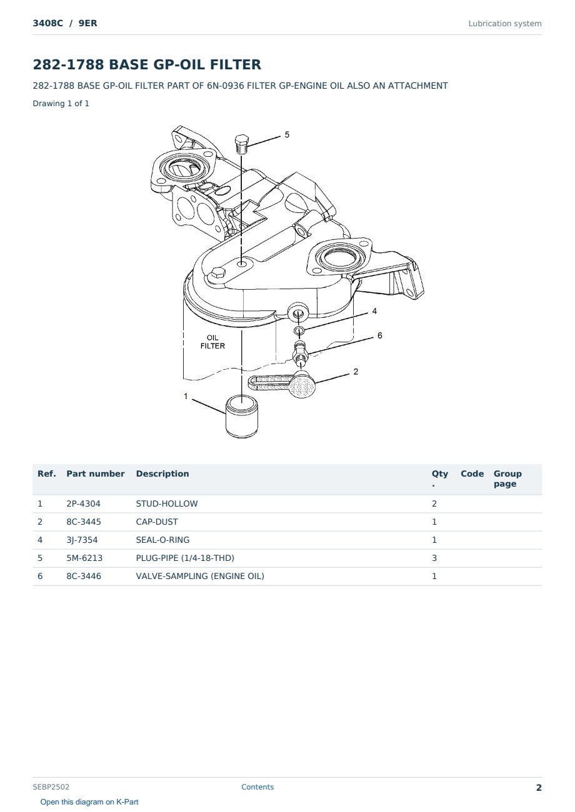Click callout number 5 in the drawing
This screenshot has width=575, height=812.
pos(287,135)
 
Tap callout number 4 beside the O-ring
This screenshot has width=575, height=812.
pos(374,311)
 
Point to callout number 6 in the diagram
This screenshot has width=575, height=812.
pos(380,335)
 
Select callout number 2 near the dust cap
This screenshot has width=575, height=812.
pos(356,372)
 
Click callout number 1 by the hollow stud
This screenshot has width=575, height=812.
pos(186,396)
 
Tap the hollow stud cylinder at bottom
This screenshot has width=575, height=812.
pos(242,416)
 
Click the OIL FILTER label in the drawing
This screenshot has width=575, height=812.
pos(212,342)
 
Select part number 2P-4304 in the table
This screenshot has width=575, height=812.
pos(83,503)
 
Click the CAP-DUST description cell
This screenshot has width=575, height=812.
pos(157,522)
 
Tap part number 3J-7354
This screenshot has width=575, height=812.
pos(82,540)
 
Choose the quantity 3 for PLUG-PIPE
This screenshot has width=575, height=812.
pos(434,558)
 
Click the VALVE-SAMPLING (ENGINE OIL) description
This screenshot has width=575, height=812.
pos(200,576)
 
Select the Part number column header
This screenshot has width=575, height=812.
pos(96,474)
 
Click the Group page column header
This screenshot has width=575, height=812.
pos(507,479)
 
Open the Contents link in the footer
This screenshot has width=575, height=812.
pos(257,787)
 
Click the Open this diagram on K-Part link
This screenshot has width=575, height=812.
pos(89,802)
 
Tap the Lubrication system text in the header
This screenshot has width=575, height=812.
pos(505,24)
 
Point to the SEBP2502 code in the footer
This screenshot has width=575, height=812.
pos(51,787)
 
